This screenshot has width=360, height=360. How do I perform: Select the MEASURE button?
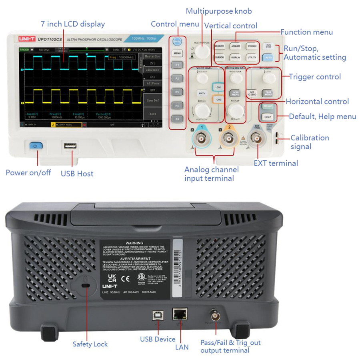pos(219,47)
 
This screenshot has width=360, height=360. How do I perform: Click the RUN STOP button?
pos(269,46)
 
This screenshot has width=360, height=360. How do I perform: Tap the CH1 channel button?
pos(218,87)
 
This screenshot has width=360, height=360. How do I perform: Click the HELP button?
pos(268,117)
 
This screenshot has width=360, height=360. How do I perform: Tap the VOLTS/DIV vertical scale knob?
pos(202,110)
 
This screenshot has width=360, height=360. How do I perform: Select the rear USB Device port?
pos(156,315)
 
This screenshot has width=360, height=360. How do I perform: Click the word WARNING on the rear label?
pos(134,243)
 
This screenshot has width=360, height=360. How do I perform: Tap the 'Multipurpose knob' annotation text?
pos(219,11)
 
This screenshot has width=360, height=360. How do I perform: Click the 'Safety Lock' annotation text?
pos(90,344)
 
